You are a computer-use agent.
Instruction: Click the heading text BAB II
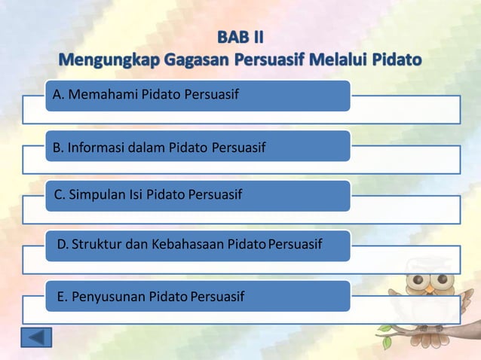point(240,36)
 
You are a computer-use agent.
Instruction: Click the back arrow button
point(36,337)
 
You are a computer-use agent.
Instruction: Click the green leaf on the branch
point(387,342)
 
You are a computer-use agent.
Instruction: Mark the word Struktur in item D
point(96,246)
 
